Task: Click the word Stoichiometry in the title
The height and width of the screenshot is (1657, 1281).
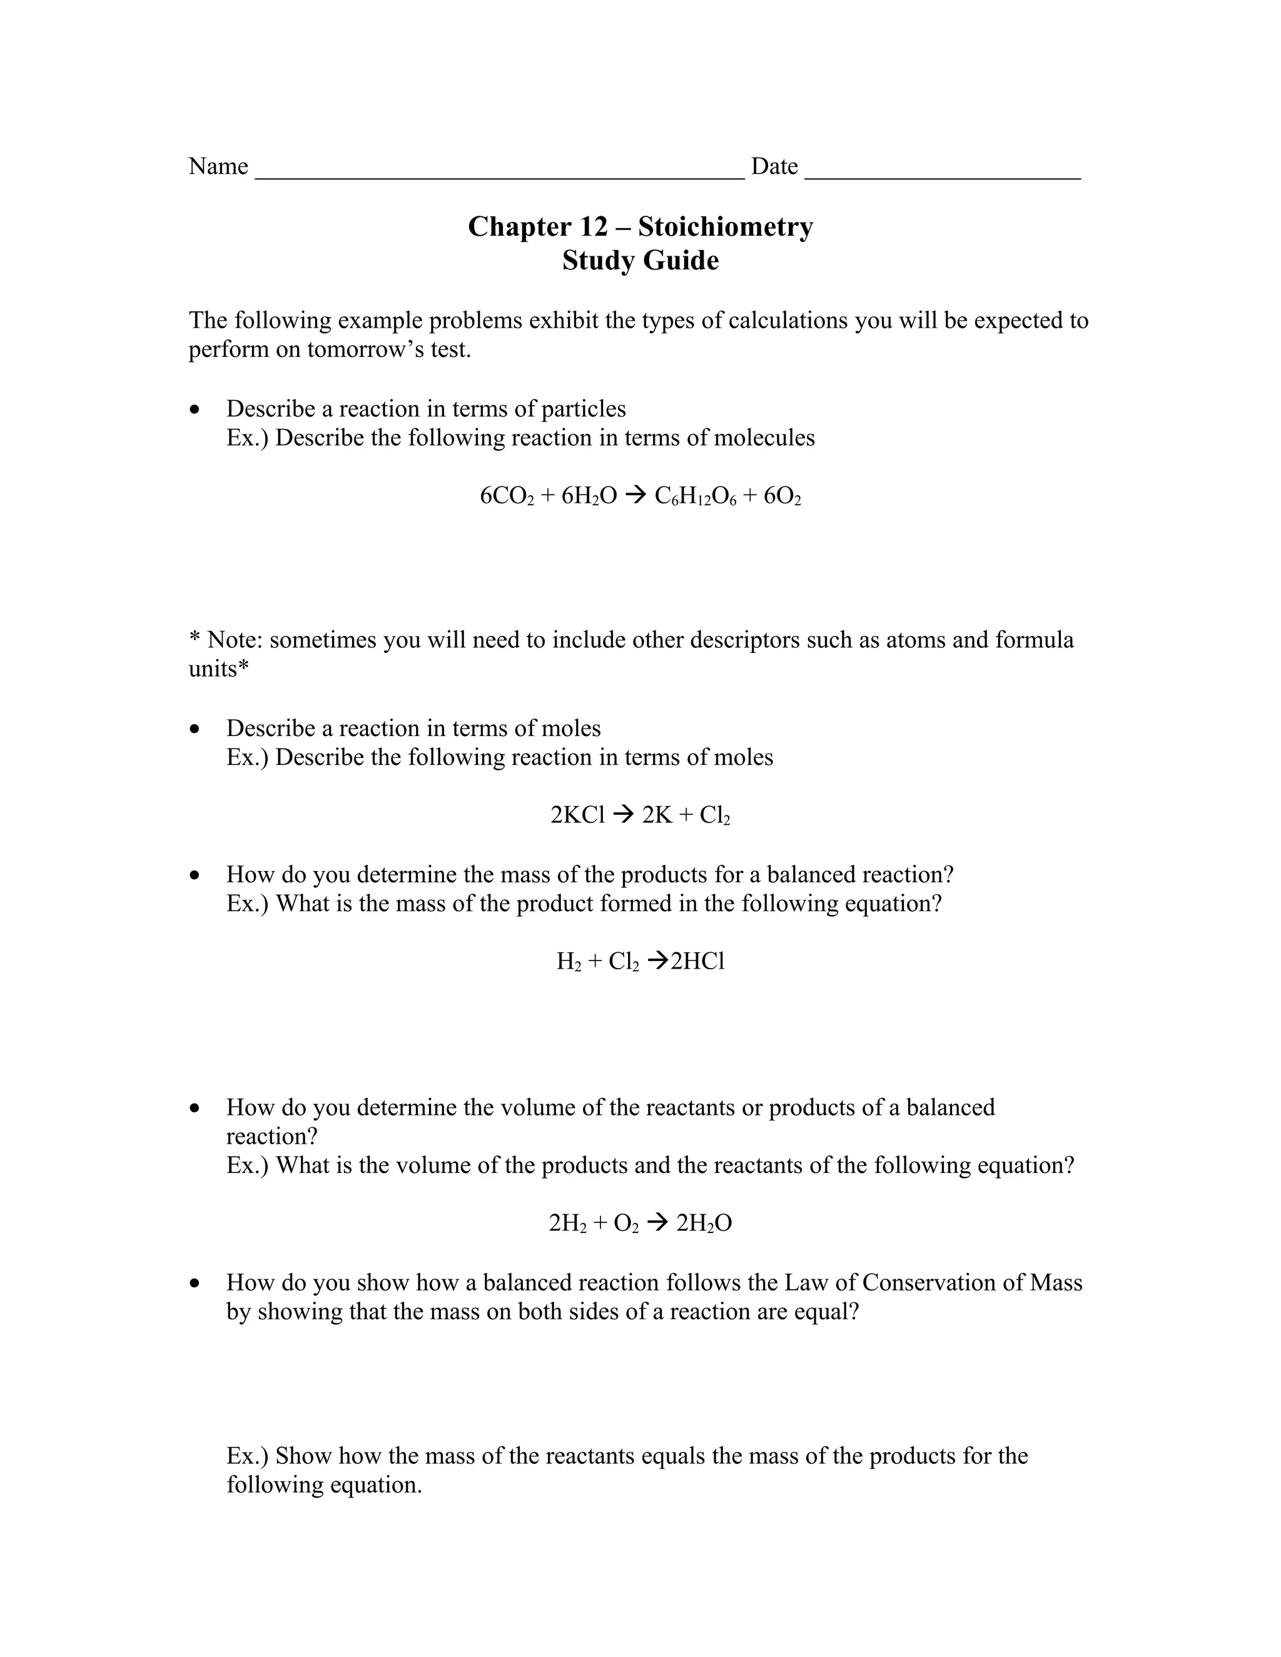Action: click(x=725, y=227)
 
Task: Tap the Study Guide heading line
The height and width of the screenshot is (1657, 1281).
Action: click(x=640, y=260)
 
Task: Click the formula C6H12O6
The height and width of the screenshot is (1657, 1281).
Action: click(x=695, y=497)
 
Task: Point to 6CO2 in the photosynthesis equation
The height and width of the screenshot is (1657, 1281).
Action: click(x=506, y=497)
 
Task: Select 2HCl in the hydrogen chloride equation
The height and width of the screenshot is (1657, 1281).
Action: click(x=697, y=962)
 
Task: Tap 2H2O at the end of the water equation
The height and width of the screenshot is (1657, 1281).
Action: click(x=704, y=1223)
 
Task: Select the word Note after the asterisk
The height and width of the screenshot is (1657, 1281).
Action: click(x=235, y=640)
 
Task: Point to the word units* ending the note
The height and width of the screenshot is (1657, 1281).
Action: click(x=218, y=669)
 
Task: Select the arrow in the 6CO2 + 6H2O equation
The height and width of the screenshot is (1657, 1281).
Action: click(x=636, y=497)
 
